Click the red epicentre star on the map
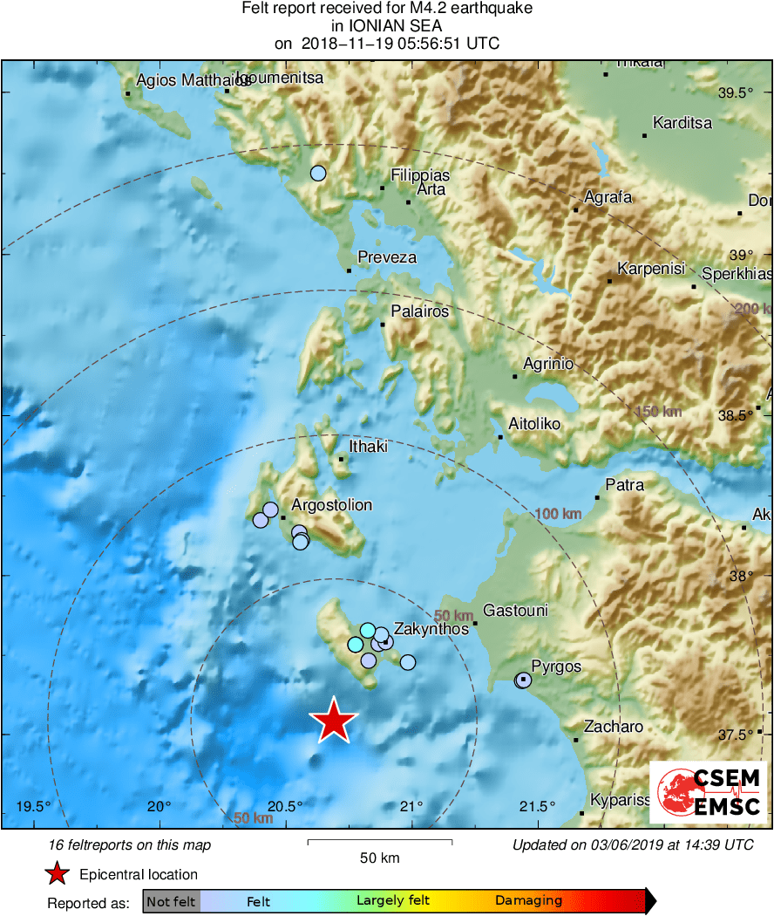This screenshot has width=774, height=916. click(x=333, y=722)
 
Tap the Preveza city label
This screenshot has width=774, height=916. click(x=387, y=258)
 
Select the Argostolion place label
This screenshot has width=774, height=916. click(x=331, y=505)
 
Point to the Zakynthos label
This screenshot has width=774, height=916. click(x=431, y=628)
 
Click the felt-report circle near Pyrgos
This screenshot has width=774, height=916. click(x=522, y=680)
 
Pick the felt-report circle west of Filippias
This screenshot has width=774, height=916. click(x=318, y=174)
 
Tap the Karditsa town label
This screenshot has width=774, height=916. click(x=682, y=123)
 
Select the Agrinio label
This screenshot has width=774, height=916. click(x=548, y=364)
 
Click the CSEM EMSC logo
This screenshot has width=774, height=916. click(x=709, y=792)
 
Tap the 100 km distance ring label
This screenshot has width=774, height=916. click(x=559, y=514)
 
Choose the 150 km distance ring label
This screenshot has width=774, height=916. click(x=658, y=411)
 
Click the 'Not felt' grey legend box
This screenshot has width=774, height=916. click(x=171, y=901)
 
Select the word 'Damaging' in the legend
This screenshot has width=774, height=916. click(x=528, y=901)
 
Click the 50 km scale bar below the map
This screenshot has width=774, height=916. click(x=380, y=842)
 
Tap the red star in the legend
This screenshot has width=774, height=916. click(x=57, y=874)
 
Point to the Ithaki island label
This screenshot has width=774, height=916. click(x=368, y=447)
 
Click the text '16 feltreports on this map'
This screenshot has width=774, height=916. click(x=130, y=844)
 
